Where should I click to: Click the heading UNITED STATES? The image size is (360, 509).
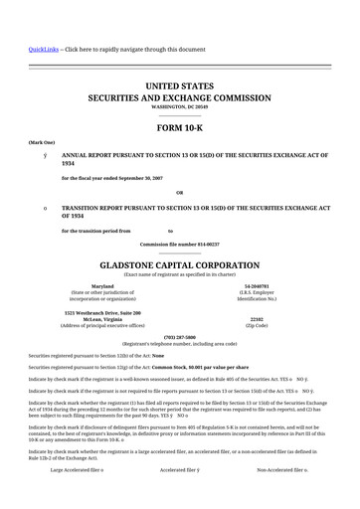point(180,88)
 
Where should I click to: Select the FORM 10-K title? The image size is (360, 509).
point(180,130)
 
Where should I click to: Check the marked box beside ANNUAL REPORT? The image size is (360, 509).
point(32,157)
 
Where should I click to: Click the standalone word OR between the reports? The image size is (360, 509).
point(180,192)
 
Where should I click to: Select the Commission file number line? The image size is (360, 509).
point(180,244)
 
